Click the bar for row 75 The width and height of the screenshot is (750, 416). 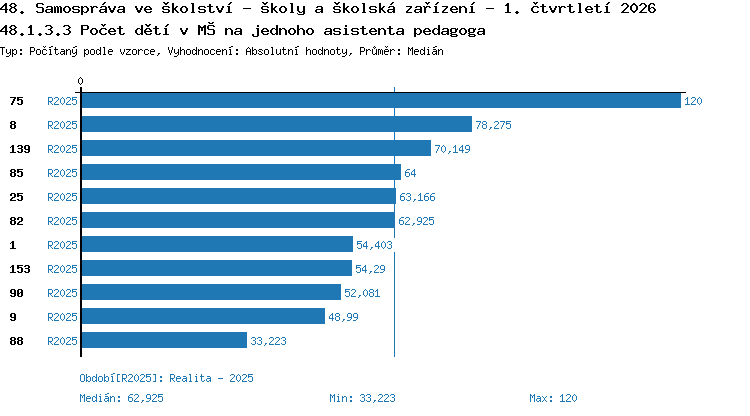381,101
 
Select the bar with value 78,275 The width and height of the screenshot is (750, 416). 277,124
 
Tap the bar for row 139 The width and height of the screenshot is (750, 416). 256,148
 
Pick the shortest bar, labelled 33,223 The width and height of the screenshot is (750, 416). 165,340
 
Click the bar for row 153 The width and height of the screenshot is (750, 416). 217,268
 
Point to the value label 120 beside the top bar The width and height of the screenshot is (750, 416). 693,101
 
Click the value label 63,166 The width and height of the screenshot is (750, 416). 417,197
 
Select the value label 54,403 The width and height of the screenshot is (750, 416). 374,245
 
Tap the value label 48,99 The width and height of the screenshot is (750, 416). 343,317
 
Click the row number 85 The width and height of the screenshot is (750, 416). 16,173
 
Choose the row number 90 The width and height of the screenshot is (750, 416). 16,293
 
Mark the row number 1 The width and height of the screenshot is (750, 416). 13,245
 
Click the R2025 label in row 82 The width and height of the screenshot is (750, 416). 62,221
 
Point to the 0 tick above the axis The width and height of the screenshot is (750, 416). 80,81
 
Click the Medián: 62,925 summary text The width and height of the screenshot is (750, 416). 121,398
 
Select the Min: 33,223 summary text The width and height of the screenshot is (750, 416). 362,398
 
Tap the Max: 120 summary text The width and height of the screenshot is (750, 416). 553,398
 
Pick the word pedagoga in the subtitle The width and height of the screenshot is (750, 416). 449,31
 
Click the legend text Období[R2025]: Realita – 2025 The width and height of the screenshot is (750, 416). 166,378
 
